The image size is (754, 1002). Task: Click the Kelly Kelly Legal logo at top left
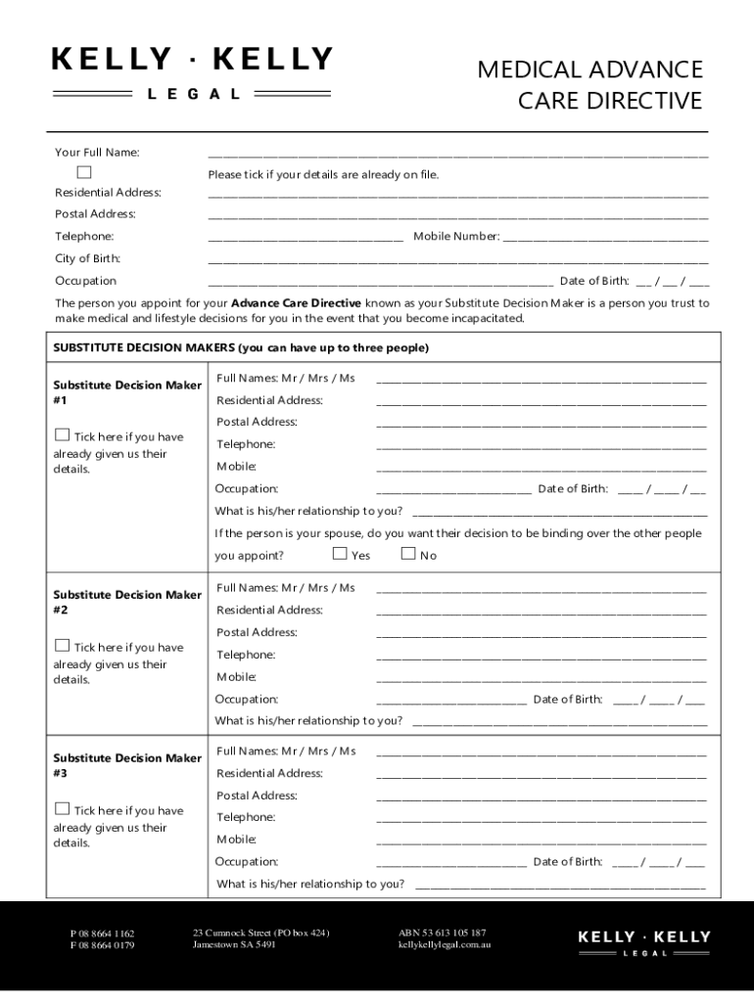click(192, 71)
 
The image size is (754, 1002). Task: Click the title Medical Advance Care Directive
click(589, 85)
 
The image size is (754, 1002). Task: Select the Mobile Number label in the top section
click(456, 236)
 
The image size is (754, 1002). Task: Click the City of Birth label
click(87, 258)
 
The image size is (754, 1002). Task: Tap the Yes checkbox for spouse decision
click(340, 554)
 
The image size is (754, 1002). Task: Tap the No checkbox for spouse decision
click(409, 554)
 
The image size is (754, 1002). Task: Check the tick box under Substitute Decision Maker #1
click(63, 435)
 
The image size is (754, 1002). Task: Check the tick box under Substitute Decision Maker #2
click(63, 646)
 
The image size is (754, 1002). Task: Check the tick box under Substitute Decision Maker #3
click(63, 809)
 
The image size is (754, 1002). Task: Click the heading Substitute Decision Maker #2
click(126, 602)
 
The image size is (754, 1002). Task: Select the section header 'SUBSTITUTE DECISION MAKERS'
click(240, 348)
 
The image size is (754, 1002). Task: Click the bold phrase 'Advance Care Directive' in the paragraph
click(296, 303)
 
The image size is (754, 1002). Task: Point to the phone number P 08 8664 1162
click(102, 934)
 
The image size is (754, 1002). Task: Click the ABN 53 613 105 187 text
click(442, 933)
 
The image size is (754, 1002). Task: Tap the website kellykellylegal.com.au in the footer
click(444, 945)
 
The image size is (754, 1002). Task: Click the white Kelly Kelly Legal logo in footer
click(644, 941)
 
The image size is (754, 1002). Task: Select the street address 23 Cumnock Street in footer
click(260, 933)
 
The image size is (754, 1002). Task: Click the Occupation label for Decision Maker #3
click(247, 862)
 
